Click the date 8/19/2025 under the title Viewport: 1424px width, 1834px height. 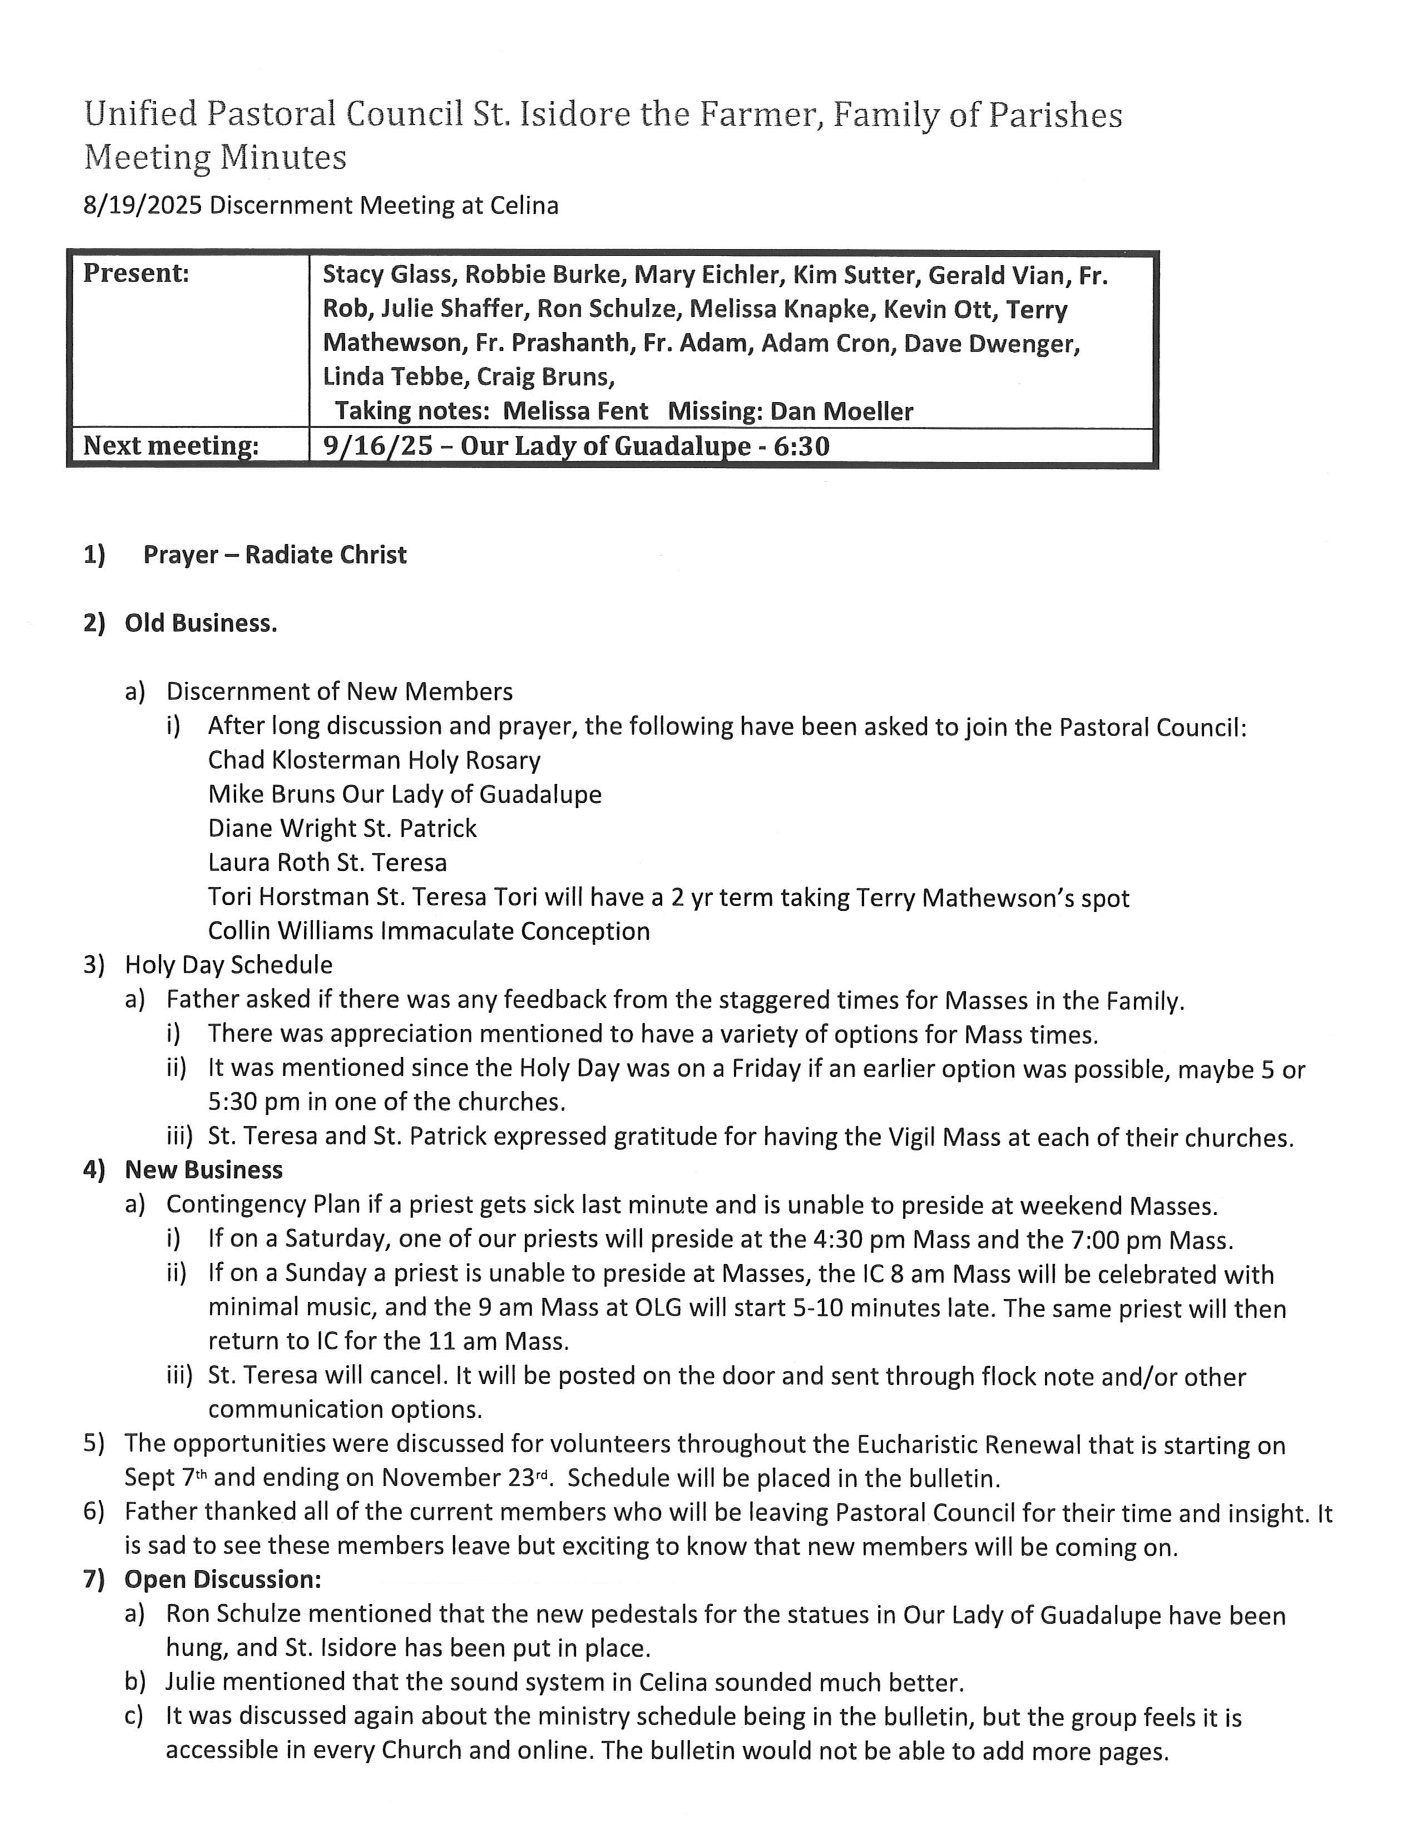pyautogui.click(x=143, y=206)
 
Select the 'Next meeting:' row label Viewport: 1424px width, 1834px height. pyautogui.click(x=170, y=446)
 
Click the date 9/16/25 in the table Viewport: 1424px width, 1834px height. pyautogui.click(x=378, y=446)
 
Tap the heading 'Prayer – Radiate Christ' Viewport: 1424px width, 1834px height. pyautogui.click(x=275, y=555)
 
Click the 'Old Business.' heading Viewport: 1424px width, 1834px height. pyautogui.click(x=201, y=623)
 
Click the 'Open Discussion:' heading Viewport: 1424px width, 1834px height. pyautogui.click(x=222, y=1580)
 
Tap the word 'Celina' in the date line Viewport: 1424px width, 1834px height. pyautogui.click(x=526, y=206)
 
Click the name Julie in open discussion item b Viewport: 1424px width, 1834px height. pyautogui.click(x=192, y=1682)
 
